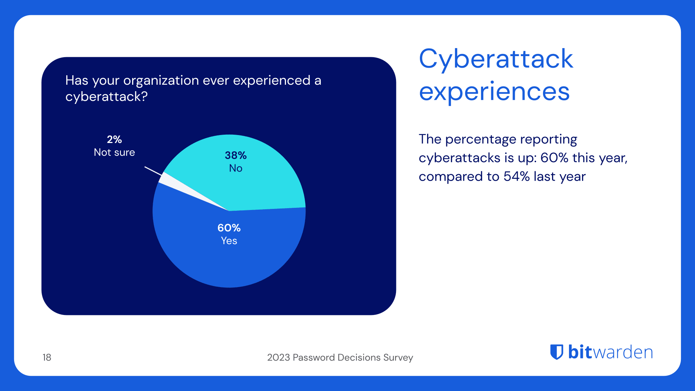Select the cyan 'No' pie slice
click(x=261, y=181)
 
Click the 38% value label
click(x=236, y=155)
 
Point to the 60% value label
click(x=229, y=228)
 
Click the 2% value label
click(x=114, y=139)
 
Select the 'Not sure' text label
click(x=114, y=152)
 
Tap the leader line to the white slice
click(x=153, y=171)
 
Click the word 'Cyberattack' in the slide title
click(x=496, y=59)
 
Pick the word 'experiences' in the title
click(x=494, y=92)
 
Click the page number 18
click(x=47, y=357)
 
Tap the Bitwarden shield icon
click(x=557, y=352)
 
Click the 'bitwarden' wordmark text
click(x=610, y=352)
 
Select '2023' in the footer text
click(x=278, y=357)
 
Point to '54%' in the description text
click(x=517, y=177)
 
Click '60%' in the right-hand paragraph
click(x=554, y=158)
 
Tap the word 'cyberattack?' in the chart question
click(x=106, y=97)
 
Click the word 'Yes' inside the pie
click(x=229, y=241)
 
